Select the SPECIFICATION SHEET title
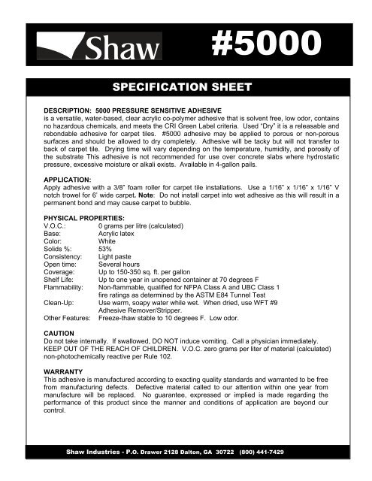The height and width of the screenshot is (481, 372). click(x=186, y=88)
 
